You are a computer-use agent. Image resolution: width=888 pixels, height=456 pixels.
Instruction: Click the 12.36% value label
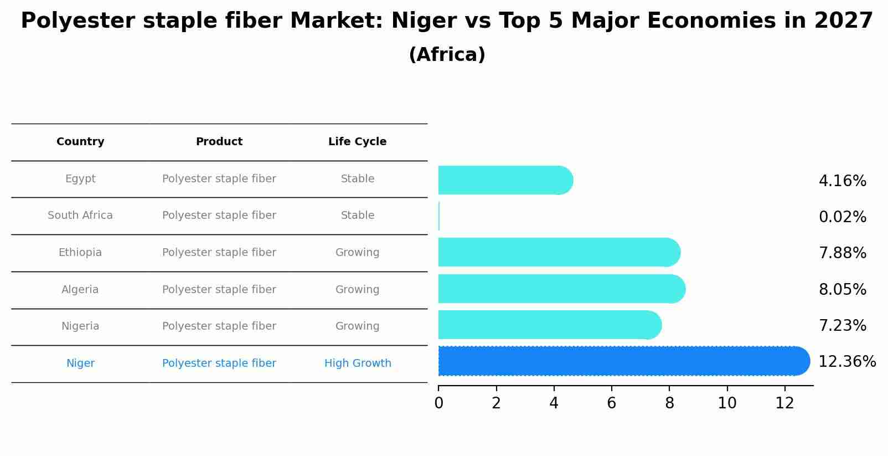[x=846, y=362]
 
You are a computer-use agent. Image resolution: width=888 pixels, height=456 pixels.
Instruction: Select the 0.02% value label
[x=842, y=217]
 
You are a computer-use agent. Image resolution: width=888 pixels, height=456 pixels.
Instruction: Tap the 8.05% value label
[x=842, y=289]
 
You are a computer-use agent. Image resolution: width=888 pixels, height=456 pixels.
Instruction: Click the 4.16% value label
[x=842, y=181]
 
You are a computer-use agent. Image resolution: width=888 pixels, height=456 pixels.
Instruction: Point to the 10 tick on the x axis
[x=727, y=403]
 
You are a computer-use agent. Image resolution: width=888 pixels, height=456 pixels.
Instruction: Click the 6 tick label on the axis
[x=611, y=403]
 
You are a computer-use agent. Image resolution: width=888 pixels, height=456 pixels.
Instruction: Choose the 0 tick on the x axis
[x=438, y=403]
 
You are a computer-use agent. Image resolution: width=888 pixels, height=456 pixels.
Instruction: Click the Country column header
[x=80, y=142]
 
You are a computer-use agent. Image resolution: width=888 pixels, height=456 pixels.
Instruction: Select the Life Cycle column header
[x=357, y=142]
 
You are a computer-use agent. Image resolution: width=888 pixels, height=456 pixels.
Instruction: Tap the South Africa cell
[x=80, y=216]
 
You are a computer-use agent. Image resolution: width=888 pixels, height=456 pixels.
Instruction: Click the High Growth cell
[x=358, y=363]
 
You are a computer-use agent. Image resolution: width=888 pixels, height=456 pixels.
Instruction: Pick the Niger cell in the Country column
[x=80, y=363]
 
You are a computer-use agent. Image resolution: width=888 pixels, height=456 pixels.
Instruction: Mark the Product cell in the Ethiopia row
[x=219, y=253]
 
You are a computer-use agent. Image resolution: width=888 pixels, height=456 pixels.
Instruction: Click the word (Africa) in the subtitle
[x=447, y=55]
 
